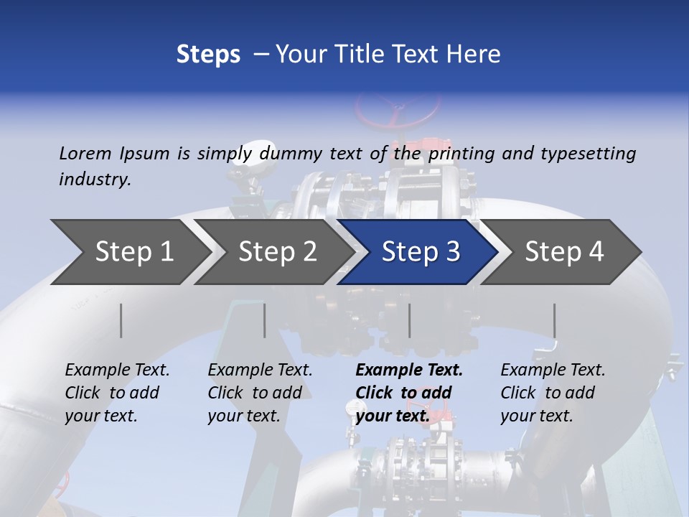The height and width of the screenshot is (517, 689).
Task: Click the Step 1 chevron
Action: coord(129,252)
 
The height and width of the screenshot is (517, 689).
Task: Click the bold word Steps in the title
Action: coord(208,55)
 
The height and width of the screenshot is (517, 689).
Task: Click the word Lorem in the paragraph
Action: coord(85,153)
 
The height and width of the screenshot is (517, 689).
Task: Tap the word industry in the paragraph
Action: coord(95,179)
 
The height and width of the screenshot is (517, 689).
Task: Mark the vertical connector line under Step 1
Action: coord(121,320)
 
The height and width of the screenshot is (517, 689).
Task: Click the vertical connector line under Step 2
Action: coord(265,320)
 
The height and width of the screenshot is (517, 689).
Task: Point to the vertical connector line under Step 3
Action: coord(409,320)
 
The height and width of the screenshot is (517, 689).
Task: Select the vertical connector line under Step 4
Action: coord(554,320)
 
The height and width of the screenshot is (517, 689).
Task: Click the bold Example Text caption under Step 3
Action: coord(408,393)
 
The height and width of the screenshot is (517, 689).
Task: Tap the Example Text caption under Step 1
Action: coord(117,393)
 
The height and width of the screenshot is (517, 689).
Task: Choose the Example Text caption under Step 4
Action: coord(553,393)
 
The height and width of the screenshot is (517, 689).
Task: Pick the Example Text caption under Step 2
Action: coord(260,393)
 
